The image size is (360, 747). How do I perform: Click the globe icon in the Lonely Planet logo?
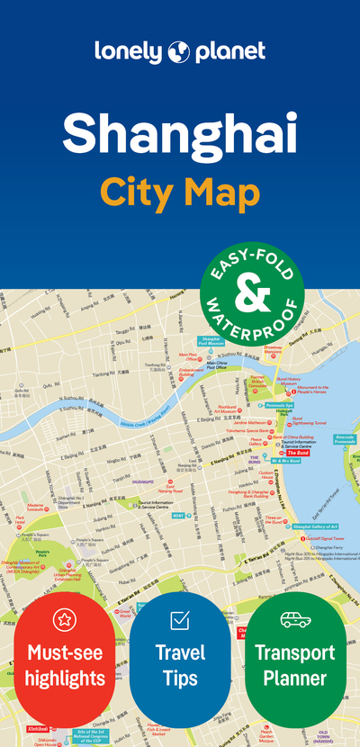[x=176, y=51]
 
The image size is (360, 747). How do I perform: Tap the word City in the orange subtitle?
[x=138, y=191]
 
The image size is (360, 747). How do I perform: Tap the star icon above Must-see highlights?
[x=64, y=619]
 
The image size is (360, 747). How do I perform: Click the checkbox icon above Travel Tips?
[x=180, y=619]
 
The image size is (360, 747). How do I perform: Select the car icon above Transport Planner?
[x=295, y=619]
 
